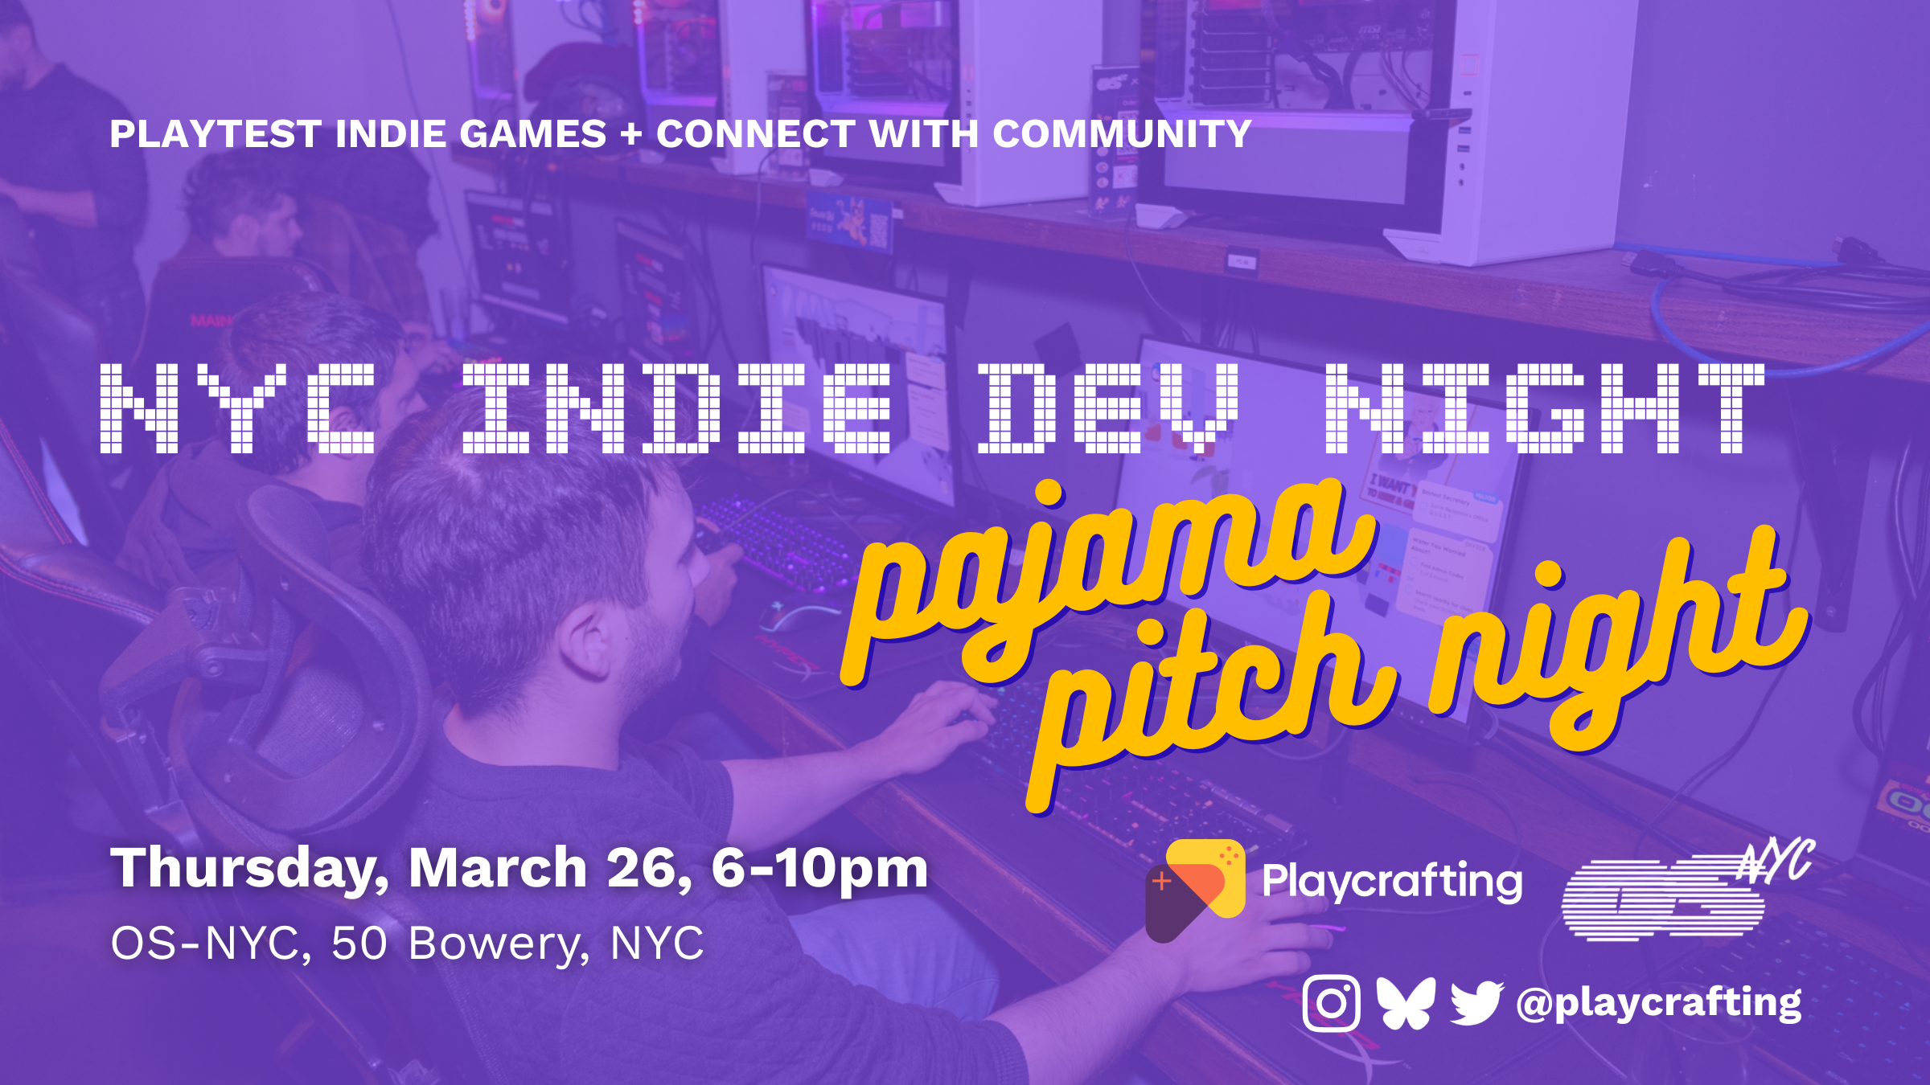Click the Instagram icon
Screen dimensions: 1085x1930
(x=1331, y=1002)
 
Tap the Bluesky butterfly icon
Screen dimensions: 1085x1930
(x=1405, y=1002)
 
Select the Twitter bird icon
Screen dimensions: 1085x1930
(x=1476, y=1001)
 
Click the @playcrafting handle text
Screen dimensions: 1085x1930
(x=1658, y=1003)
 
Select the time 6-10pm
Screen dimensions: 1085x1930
(x=819, y=870)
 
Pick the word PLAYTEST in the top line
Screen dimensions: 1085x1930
(x=216, y=133)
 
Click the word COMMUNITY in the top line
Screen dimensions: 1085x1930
(x=1122, y=133)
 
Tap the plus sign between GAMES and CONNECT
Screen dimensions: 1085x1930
(x=631, y=133)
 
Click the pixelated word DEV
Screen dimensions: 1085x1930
(x=1110, y=407)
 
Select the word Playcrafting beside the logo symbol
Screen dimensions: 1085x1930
(x=1392, y=882)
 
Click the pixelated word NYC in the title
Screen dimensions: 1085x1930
(x=238, y=407)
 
